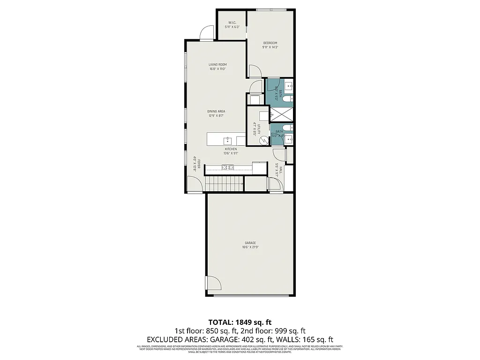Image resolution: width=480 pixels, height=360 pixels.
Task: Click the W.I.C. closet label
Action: click(232, 22)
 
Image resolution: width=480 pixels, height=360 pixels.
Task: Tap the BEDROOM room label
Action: click(270, 43)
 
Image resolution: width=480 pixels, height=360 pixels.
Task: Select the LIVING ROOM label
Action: click(217, 64)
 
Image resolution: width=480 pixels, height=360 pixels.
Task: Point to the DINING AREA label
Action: click(217, 112)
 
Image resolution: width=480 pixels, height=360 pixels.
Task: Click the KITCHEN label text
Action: click(231, 149)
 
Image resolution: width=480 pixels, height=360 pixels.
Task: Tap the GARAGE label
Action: click(250, 243)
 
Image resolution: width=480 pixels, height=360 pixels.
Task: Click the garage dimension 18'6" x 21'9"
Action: click(250, 247)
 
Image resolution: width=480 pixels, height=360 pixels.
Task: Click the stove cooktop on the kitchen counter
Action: click(228, 167)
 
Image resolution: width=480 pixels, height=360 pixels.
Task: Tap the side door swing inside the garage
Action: click(212, 284)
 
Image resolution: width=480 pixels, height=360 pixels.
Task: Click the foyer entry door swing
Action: click(195, 186)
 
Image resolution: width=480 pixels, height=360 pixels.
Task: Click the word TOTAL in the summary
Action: click(219, 322)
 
